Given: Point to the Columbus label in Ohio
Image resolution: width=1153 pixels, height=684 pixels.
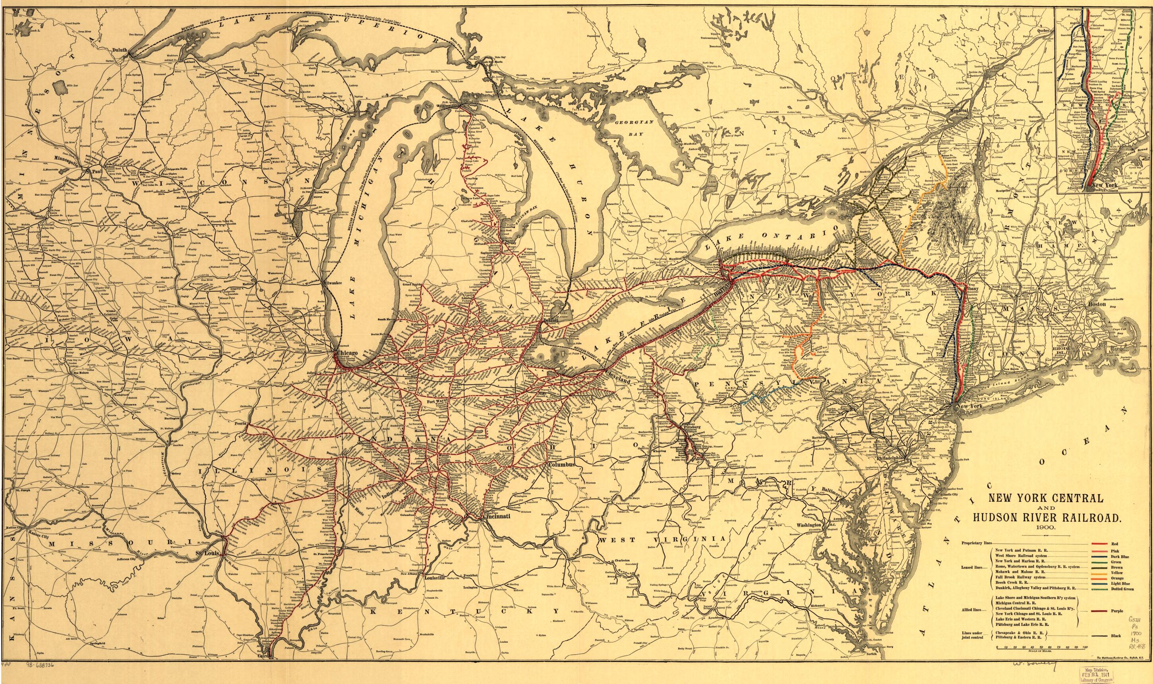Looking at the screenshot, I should click(562, 465).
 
